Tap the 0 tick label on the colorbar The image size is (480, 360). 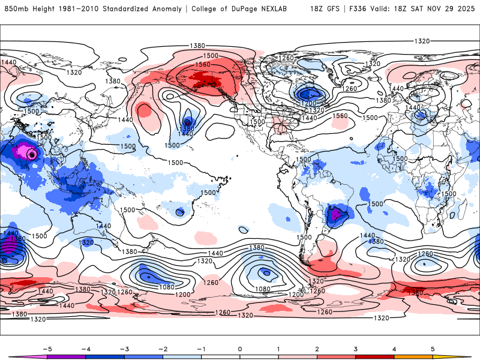[x=239, y=348]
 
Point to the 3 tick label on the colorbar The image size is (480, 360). [x=356, y=348]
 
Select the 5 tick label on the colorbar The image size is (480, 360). [x=433, y=348]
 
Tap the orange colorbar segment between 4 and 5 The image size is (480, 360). [x=413, y=356]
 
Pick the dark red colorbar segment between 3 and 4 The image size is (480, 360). [x=375, y=356]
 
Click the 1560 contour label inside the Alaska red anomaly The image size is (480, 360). [x=203, y=65]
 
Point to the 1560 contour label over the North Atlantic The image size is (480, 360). [x=340, y=116]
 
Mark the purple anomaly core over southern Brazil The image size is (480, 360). [x=335, y=212]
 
